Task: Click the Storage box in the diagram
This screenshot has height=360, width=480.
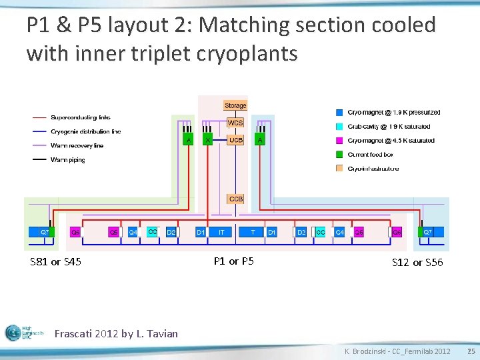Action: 235,105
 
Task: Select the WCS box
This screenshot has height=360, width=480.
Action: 235,123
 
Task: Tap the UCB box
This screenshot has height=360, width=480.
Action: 235,140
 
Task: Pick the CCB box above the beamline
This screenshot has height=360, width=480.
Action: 235,199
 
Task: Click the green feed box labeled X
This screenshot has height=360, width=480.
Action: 208,140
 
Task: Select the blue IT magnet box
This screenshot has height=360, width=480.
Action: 221,232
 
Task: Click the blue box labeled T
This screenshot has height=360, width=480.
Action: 253,232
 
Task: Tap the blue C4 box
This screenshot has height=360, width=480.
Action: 340,232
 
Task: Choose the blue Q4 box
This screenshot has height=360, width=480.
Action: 133,232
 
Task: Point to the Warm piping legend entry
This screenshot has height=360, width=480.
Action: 67,160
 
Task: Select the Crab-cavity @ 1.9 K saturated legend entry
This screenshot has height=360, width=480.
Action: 389,127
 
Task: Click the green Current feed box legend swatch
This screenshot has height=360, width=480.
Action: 340,155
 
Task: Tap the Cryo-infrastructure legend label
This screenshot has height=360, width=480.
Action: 373,169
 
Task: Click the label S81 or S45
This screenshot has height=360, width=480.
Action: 56,262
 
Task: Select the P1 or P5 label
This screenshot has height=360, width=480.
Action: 233,261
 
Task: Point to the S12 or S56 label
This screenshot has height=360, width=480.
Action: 417,263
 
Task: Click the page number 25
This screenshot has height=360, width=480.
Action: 471,351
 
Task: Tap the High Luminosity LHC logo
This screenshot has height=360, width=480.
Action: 24,333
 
